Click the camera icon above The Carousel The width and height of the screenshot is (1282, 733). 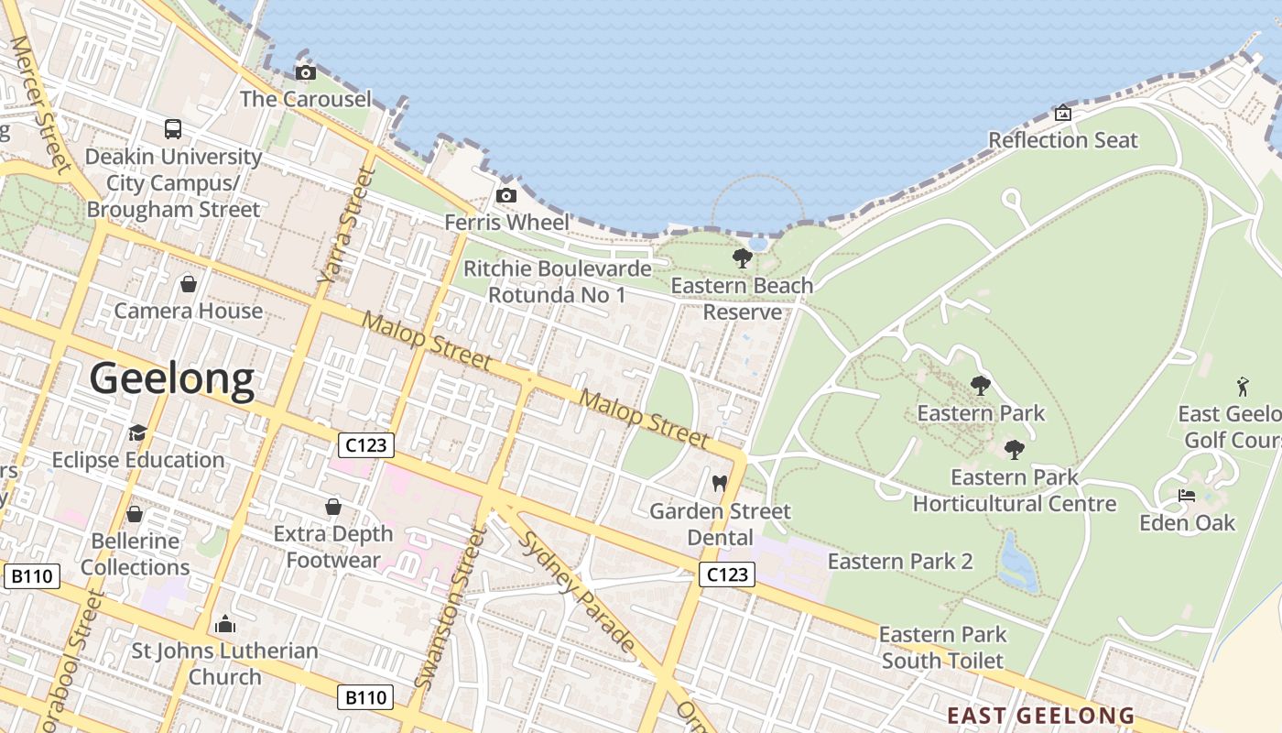coord(306,73)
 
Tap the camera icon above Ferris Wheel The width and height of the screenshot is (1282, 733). coord(505,196)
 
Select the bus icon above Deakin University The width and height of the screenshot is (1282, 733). coord(173,129)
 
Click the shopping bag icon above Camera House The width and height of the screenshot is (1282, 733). coord(189,285)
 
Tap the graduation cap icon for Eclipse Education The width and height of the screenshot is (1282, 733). coord(137,432)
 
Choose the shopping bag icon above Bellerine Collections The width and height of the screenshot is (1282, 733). coord(135,514)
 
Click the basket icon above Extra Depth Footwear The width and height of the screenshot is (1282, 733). coord(333,507)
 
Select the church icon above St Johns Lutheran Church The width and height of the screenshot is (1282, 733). coord(224,625)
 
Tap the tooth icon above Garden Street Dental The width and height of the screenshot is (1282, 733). coord(719,483)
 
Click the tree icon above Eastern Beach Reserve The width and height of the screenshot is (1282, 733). coord(743,258)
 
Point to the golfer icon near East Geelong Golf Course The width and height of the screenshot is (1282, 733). coord(1243,386)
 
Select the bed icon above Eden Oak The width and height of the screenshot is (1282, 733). coord(1187,496)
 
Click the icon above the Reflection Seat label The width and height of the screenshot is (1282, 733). coord(1063,114)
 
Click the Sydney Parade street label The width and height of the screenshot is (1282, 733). coord(578,591)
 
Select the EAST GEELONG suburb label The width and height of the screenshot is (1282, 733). coord(1040,716)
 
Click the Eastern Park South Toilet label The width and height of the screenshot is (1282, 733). coord(942,647)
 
